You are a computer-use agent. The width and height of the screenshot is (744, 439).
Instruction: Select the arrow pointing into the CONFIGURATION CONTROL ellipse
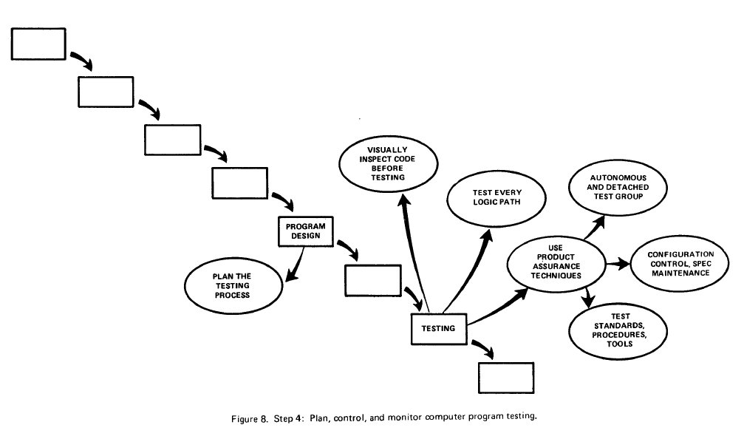[x=618, y=264]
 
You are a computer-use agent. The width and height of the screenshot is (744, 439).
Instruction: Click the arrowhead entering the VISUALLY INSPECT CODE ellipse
[x=404, y=201]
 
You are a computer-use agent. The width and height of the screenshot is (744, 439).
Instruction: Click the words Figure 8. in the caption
[x=250, y=419]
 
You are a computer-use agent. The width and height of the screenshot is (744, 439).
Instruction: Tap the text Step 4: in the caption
[x=288, y=418]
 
